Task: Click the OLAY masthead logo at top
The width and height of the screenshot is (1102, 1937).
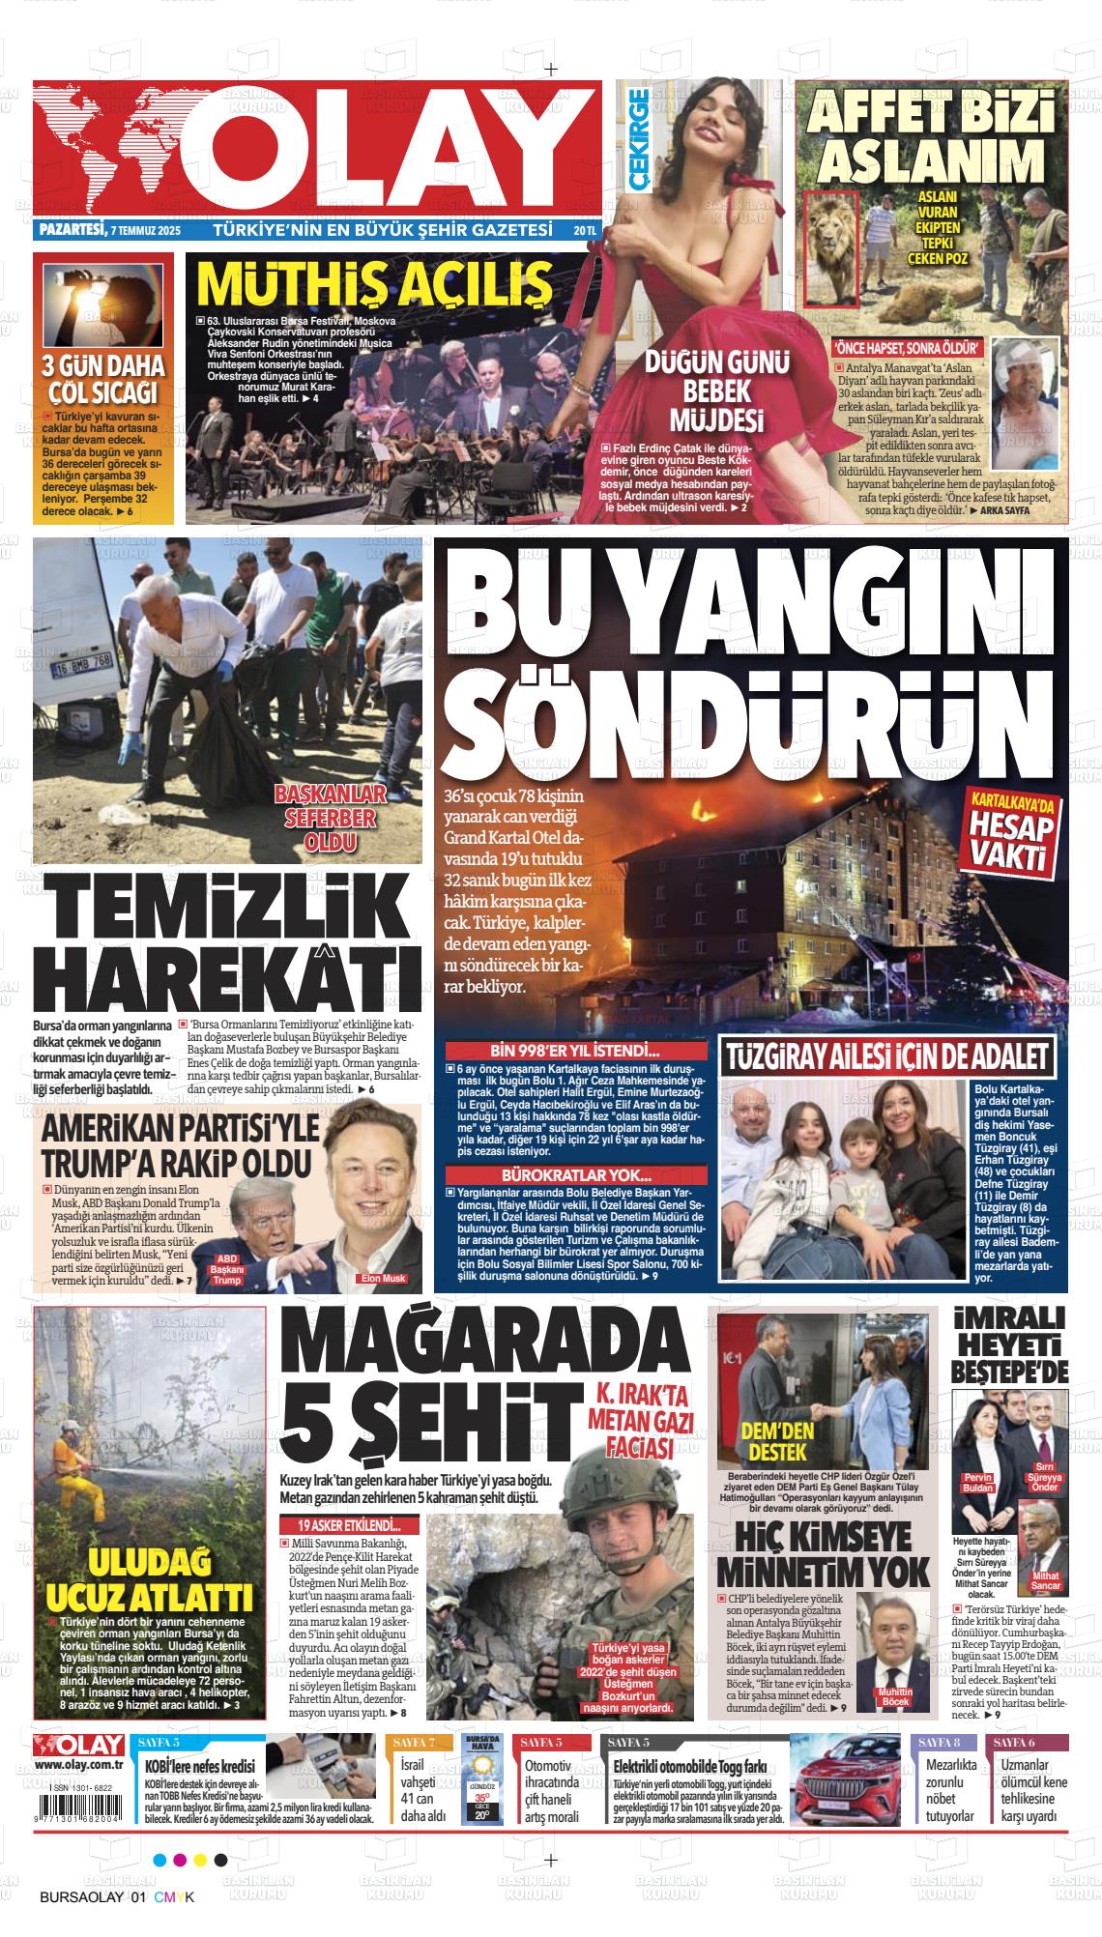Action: [x=319, y=150]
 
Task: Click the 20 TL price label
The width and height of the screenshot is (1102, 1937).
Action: [x=585, y=231]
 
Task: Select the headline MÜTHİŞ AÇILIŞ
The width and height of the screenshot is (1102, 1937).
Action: [x=374, y=282]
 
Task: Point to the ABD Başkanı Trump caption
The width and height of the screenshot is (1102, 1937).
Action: [x=226, y=1267]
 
